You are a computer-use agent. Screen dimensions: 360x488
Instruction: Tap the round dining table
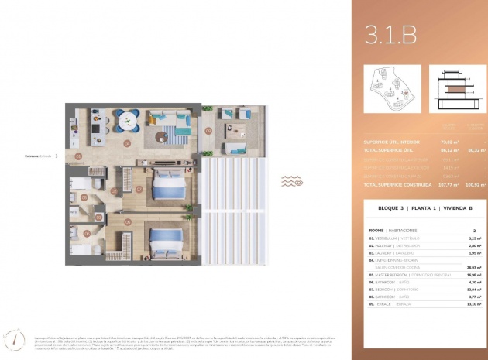click(x=127, y=119)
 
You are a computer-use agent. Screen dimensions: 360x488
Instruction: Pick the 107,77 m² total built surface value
click(x=448, y=185)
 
